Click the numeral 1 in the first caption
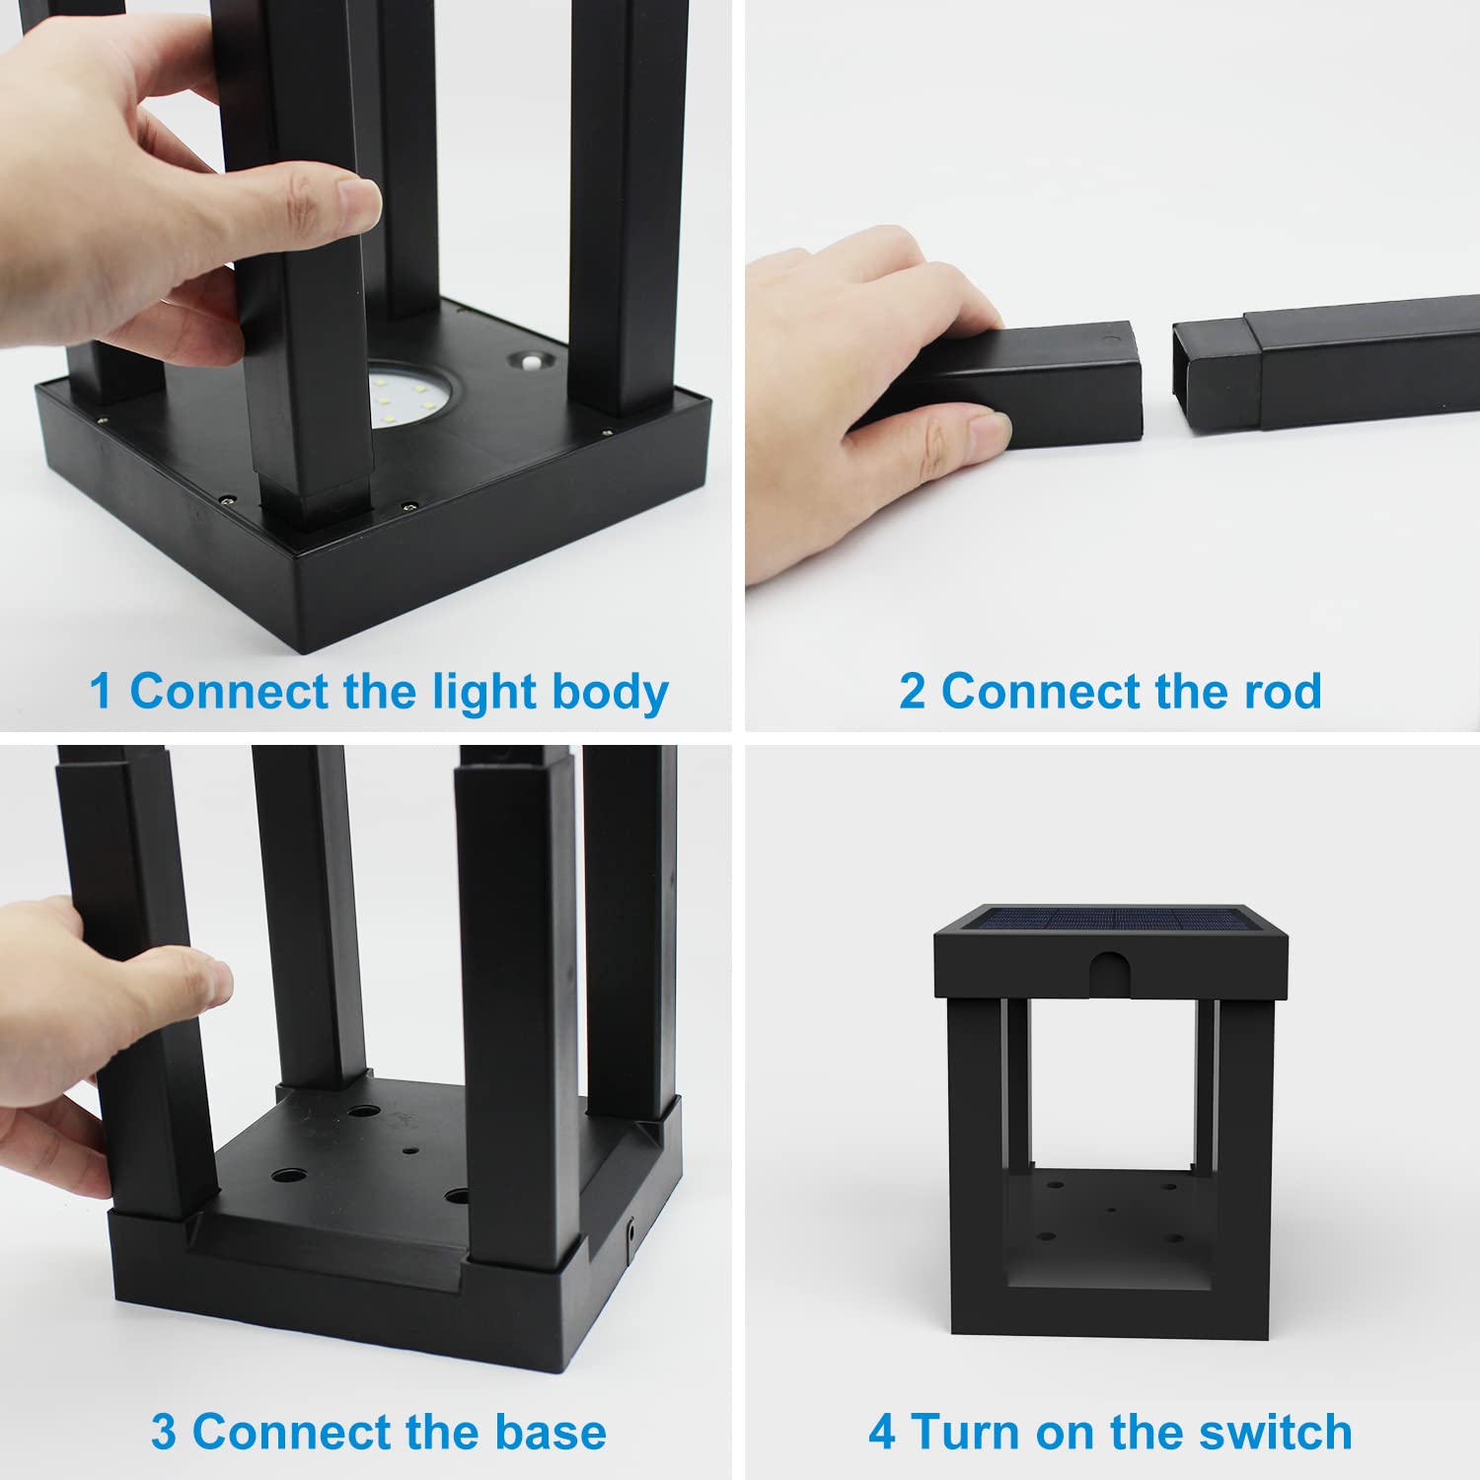[x=100, y=691]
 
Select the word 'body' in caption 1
[x=610, y=692]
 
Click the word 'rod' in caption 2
[x=1282, y=691]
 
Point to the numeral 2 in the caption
[x=912, y=691]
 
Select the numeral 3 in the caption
[x=164, y=1433]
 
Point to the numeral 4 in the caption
[x=882, y=1433]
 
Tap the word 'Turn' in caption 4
[x=957, y=1432]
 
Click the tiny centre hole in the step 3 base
[x=409, y=1150]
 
